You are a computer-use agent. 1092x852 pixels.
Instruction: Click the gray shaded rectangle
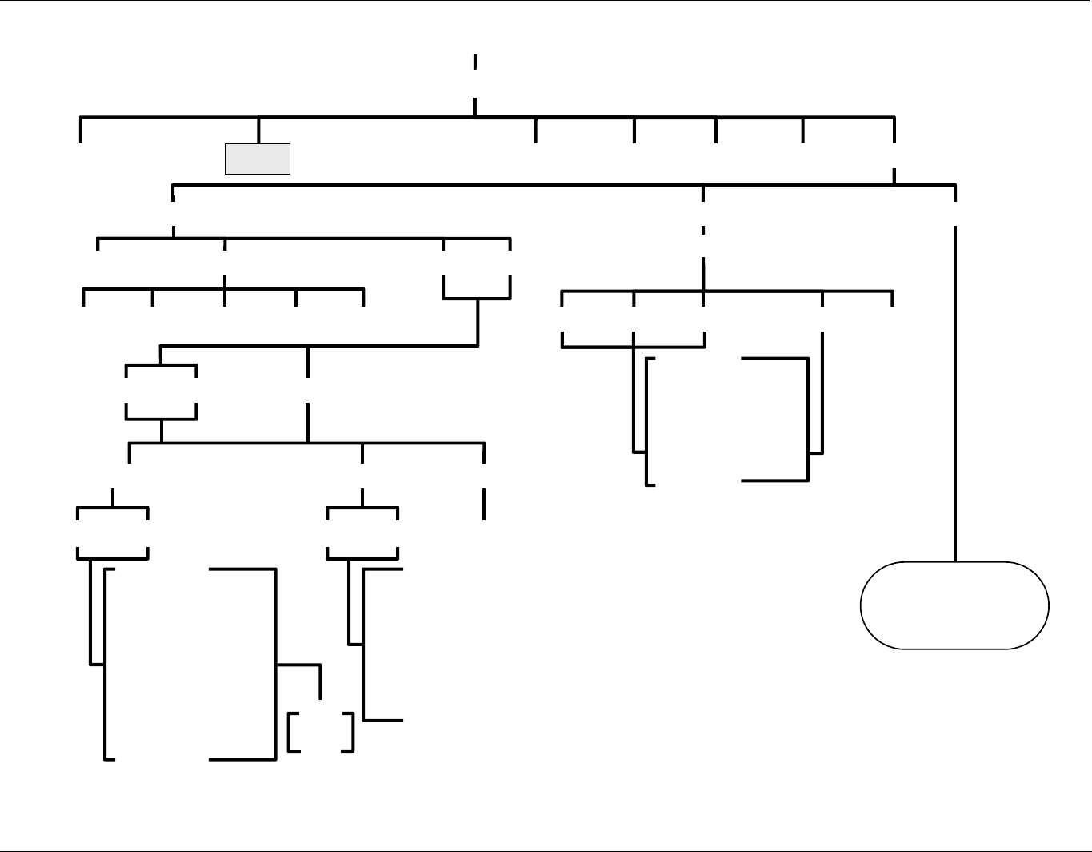point(257,159)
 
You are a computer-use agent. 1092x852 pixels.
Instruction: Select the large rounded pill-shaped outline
point(954,605)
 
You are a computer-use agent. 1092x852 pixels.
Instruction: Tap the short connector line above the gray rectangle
point(258,131)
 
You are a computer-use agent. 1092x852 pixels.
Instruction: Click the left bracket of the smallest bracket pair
point(289,732)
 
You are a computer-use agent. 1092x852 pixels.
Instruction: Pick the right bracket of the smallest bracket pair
point(352,732)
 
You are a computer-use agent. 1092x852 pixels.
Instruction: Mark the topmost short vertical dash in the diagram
point(475,63)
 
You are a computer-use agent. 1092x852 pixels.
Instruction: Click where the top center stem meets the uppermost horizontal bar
point(475,117)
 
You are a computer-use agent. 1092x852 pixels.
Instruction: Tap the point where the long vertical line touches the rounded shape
point(955,562)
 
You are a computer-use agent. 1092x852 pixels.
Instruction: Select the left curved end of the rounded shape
point(862,605)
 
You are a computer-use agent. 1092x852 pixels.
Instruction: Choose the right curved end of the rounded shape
point(1048,605)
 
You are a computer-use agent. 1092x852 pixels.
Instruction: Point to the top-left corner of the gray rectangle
point(226,146)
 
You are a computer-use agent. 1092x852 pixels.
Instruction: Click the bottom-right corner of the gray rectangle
point(289,173)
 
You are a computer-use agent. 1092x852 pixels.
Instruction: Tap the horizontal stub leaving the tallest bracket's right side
point(298,665)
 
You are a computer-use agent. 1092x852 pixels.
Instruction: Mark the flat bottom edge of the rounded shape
point(954,648)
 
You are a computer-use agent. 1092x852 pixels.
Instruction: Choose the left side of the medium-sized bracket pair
point(646,421)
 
